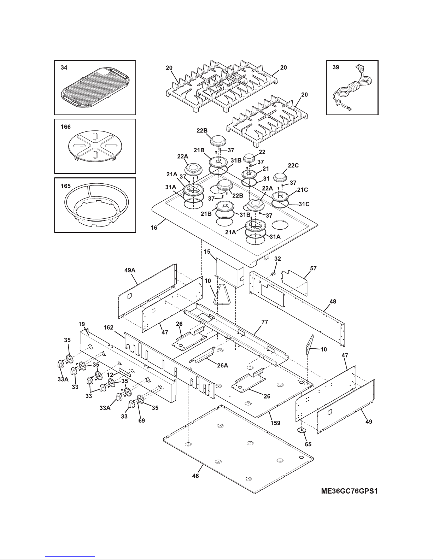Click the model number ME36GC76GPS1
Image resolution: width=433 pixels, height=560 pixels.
pos(349,491)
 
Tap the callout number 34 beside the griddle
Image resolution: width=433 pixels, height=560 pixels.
pos(64,67)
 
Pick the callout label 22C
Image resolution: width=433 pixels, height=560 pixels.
pos(293,165)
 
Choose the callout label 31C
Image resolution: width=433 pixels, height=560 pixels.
pos(304,204)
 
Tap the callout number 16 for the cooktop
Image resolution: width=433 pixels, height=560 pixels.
pos(154,228)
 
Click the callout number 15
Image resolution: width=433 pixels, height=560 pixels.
pos(207,252)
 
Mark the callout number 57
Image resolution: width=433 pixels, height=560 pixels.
pos(313,268)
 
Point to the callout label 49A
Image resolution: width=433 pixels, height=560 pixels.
pos(130,270)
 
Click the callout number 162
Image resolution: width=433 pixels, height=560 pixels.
pos(109,328)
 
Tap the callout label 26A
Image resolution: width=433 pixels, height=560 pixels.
pos(223,365)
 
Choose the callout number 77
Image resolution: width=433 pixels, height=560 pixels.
pos(265,322)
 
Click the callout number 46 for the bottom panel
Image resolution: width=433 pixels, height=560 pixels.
pos(195,476)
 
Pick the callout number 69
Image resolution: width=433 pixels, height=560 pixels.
pos(141,420)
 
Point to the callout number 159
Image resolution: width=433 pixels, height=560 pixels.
pos(275,423)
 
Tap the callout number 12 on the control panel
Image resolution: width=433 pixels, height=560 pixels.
pos(110,375)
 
